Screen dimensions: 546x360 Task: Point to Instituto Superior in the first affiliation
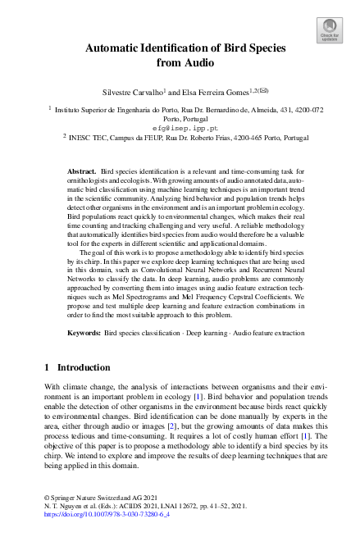(84, 109)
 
